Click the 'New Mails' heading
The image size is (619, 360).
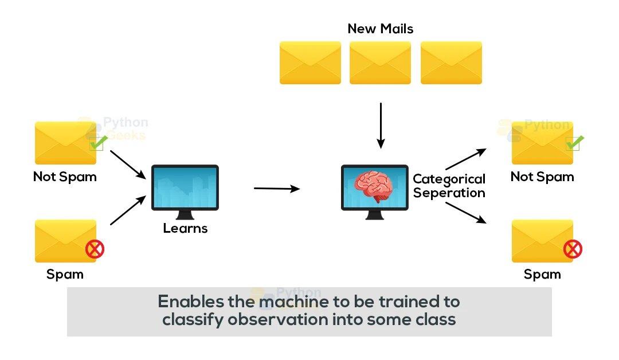pyautogui.click(x=380, y=29)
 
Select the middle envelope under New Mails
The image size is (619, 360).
pyautogui.click(x=380, y=63)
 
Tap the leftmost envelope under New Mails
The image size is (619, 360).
pyautogui.click(x=310, y=63)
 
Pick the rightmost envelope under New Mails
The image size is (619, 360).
pyautogui.click(x=451, y=63)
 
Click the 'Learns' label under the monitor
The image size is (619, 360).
pyautogui.click(x=185, y=228)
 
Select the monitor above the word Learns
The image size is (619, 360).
pyautogui.click(x=185, y=187)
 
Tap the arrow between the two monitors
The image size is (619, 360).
pyautogui.click(x=276, y=188)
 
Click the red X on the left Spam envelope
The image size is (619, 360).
pyautogui.click(x=95, y=249)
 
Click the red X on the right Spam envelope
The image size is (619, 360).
pyautogui.click(x=572, y=249)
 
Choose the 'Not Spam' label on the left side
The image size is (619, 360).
pyautogui.click(x=65, y=177)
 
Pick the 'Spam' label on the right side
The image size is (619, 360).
pyautogui.click(x=542, y=275)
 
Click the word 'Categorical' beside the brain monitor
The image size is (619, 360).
pyautogui.click(x=449, y=179)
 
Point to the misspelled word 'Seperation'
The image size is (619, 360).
pyautogui.click(x=449, y=193)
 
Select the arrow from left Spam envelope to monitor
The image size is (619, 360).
pyautogui.click(x=127, y=210)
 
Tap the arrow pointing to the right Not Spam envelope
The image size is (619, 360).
pyautogui.click(x=466, y=159)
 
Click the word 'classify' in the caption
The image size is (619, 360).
pyautogui.click(x=193, y=319)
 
